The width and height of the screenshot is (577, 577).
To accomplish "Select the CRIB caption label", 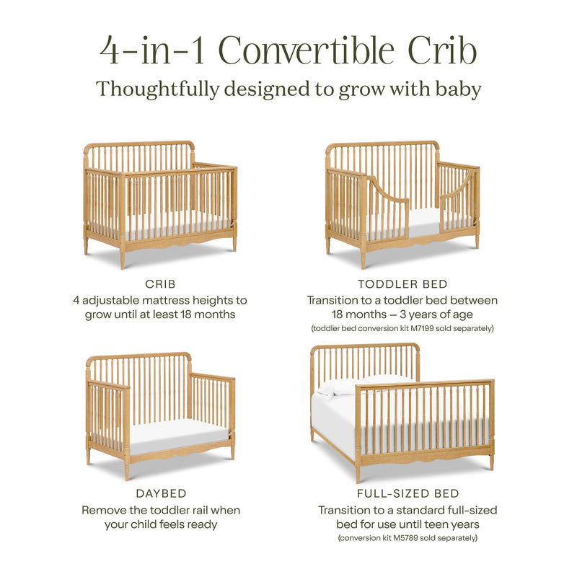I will tap(160, 284).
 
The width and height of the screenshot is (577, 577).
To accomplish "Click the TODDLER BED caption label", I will tap(402, 284).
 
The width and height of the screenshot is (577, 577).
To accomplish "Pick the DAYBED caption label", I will tap(160, 494).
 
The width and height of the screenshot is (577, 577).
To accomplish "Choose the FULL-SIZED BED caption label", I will tap(408, 494).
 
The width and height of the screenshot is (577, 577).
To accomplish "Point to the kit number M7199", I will tap(427, 328).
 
